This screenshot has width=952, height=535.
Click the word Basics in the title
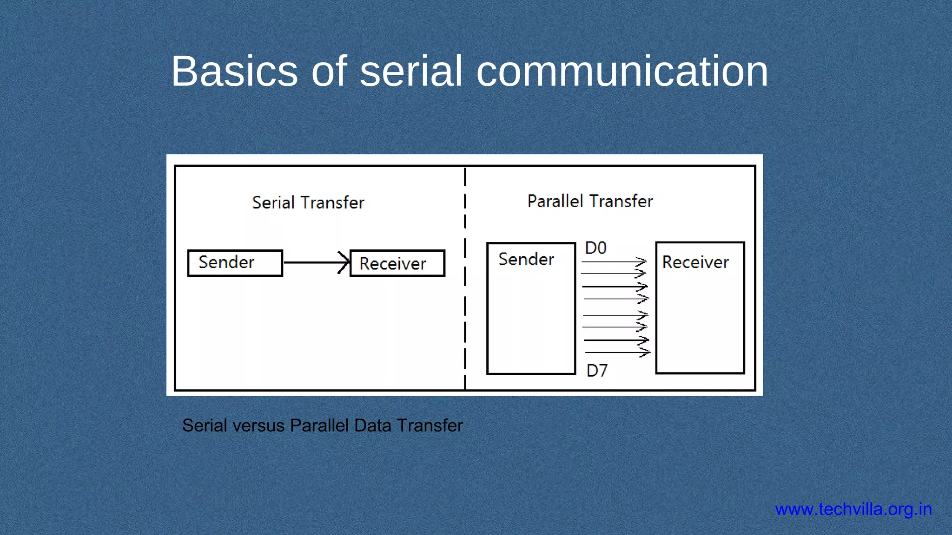(x=234, y=71)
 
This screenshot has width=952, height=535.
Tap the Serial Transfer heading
(x=308, y=203)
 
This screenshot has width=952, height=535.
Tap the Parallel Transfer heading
(x=590, y=202)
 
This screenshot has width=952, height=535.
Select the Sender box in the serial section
(x=235, y=263)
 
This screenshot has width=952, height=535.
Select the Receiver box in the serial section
(x=397, y=263)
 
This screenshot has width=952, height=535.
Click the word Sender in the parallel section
(x=526, y=259)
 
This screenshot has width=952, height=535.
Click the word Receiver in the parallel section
(x=695, y=262)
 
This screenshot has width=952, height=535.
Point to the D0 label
(x=595, y=248)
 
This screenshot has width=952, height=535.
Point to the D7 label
(x=597, y=371)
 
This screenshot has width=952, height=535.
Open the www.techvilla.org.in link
(x=853, y=509)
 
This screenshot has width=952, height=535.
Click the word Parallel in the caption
(x=319, y=425)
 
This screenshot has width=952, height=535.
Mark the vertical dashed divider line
(x=465, y=279)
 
